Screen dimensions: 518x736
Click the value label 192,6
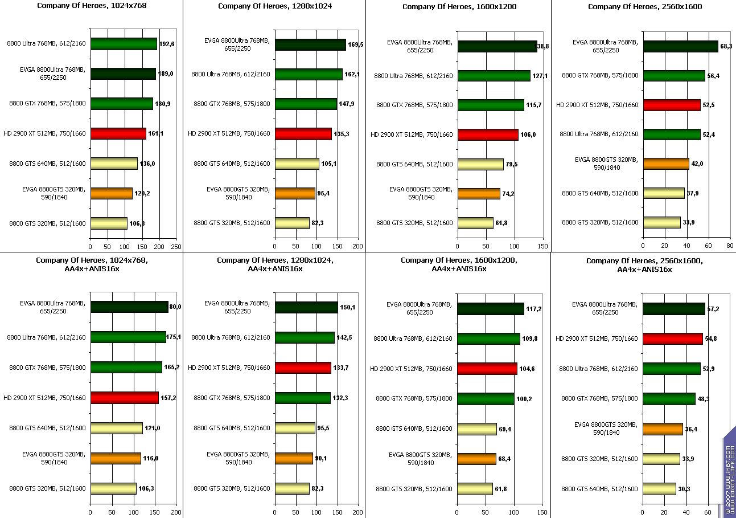point(167,44)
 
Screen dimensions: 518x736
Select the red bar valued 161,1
point(118,134)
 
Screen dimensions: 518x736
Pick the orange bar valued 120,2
point(111,193)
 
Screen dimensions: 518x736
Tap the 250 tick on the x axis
point(176,246)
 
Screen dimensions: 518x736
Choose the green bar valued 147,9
point(306,104)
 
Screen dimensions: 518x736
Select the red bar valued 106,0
point(488,134)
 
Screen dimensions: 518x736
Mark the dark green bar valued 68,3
point(680,46)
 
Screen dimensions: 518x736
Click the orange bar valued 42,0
point(666,164)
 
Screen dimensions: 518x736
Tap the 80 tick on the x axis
point(730,246)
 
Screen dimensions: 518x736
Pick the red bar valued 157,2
point(124,397)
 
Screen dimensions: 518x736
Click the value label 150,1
point(347,307)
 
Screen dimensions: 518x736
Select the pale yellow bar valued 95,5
point(295,428)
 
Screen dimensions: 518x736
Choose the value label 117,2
point(534,308)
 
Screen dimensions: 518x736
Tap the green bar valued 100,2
point(486,399)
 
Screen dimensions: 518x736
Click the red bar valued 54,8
point(673,338)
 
